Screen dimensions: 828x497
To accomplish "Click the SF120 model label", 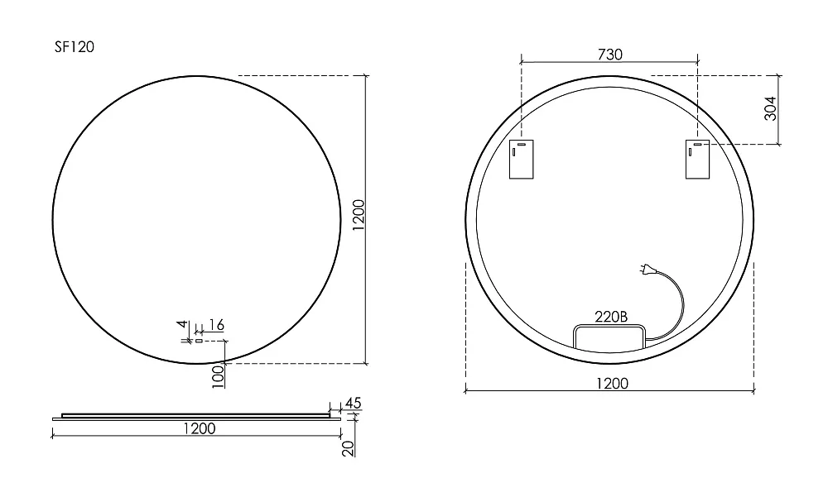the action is (x=75, y=47).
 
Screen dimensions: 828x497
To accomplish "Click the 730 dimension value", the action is (x=610, y=55).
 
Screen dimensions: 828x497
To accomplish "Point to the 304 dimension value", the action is (x=770, y=108).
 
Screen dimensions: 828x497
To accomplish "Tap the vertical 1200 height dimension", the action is (x=359, y=215).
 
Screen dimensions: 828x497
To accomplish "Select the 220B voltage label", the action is (x=611, y=317).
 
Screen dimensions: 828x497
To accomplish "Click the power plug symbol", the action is (x=647, y=270).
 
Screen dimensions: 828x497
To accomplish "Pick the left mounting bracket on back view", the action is (x=521, y=160).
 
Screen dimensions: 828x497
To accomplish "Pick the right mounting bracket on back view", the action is (x=697, y=160).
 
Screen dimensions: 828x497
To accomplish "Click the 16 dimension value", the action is (x=216, y=325).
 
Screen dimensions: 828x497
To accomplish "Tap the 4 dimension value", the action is (x=182, y=324).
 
